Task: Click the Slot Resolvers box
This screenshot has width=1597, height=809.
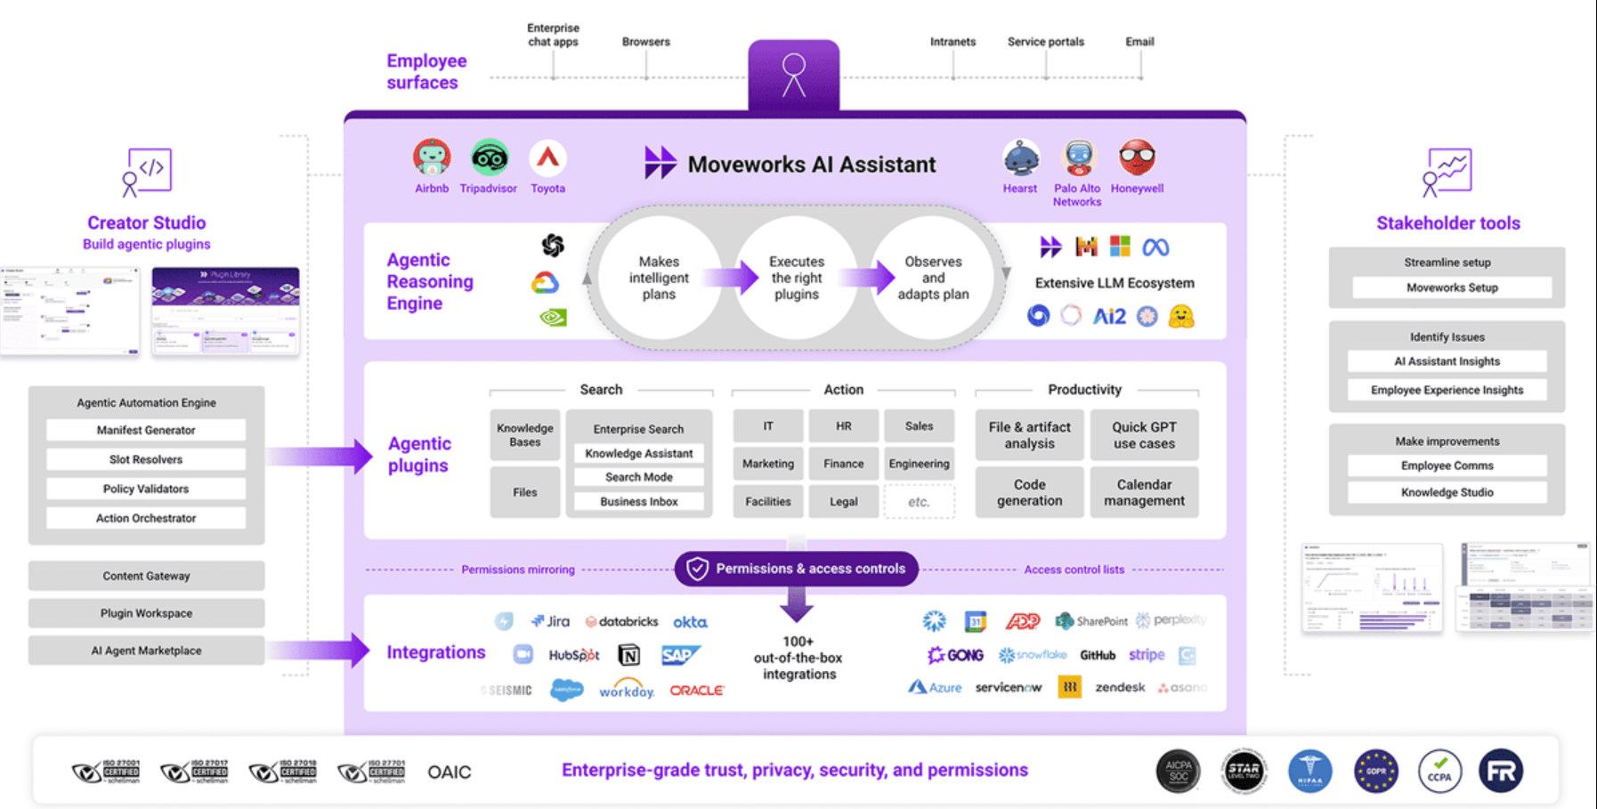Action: [146, 459]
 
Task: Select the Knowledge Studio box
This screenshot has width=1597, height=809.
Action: [1447, 492]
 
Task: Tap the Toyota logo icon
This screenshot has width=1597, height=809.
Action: [547, 158]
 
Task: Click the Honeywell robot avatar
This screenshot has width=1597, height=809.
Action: [1137, 158]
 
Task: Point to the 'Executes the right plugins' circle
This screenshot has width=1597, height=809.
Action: [796, 278]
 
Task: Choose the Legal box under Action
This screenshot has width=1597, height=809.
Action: [843, 502]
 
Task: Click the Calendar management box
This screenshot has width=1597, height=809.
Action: [1144, 492]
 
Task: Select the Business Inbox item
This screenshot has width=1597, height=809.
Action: [638, 502]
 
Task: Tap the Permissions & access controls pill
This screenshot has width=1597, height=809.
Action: [797, 569]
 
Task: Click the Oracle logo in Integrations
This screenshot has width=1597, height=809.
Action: [697, 690]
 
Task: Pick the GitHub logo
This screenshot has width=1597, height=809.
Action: [1097, 655]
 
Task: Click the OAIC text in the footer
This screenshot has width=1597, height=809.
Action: [450, 772]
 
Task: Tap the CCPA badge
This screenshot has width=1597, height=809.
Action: [1439, 771]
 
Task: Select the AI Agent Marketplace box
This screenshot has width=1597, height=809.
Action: [146, 651]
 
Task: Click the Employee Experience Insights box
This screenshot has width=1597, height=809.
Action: [1447, 390]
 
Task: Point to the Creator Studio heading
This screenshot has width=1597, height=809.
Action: [146, 222]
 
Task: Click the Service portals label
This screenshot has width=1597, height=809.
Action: [1045, 42]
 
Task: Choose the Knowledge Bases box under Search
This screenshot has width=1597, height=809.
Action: [524, 434]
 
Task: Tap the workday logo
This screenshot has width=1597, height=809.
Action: [626, 690]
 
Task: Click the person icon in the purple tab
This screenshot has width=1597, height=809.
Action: [793, 75]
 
